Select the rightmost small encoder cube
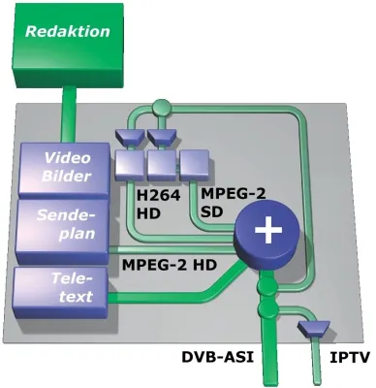(193, 159)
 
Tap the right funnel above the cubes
(161, 134)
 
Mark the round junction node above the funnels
(162, 107)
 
